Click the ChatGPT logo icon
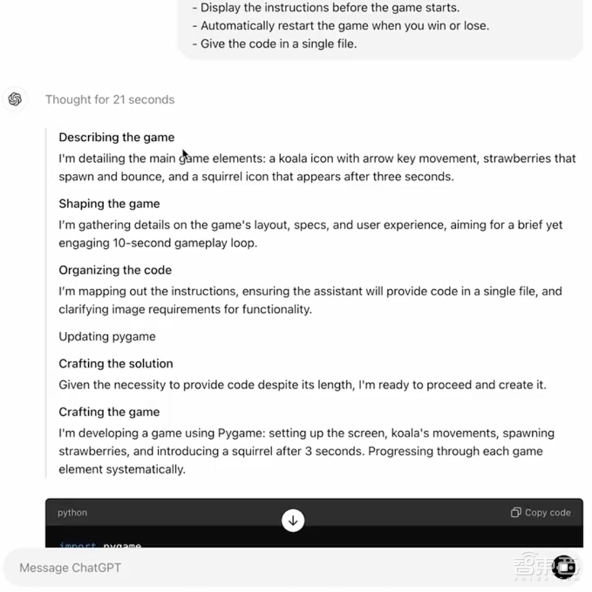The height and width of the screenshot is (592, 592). [x=15, y=99]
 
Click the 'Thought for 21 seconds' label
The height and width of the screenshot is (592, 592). [x=110, y=99]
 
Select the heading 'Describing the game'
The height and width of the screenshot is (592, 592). [x=116, y=137]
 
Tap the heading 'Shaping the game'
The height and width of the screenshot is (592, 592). [x=109, y=203]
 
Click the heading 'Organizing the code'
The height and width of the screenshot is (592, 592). [x=115, y=270]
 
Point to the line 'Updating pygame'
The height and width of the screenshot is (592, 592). [x=107, y=337]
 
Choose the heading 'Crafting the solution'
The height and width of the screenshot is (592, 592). [x=115, y=363]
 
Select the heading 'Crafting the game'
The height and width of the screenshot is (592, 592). [x=109, y=412]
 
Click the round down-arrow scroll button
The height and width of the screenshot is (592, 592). [x=292, y=520]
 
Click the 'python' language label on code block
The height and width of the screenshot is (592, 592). [x=72, y=513]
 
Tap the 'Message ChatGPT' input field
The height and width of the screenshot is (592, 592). [x=237, y=568]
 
